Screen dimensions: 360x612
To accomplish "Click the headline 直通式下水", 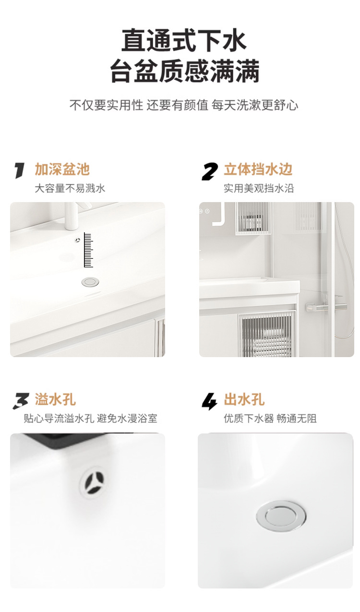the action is [184, 40].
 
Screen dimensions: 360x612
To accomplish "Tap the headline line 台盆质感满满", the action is [185, 71].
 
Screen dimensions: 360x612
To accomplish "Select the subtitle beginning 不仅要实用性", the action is [183, 105].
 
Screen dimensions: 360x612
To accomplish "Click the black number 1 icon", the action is [19, 170].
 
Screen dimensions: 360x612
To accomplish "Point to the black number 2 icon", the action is [209, 171].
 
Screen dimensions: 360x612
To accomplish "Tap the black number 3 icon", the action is [21, 401].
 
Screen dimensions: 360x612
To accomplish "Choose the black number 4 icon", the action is [209, 401].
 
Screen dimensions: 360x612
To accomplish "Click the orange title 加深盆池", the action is [62, 169].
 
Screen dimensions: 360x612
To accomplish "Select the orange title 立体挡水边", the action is [258, 169].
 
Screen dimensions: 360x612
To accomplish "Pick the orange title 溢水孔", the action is [55, 399].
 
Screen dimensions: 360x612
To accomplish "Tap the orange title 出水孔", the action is [244, 399].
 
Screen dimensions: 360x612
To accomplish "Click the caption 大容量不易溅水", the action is [70, 189].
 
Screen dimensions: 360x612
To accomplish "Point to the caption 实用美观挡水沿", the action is [259, 189].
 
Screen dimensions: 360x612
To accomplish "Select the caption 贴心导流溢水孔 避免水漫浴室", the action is [90, 419].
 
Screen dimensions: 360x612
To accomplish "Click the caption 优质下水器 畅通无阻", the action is [270, 419].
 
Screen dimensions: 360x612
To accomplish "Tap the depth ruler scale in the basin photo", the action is [88, 250].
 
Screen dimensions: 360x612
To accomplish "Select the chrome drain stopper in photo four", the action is [281, 516].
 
